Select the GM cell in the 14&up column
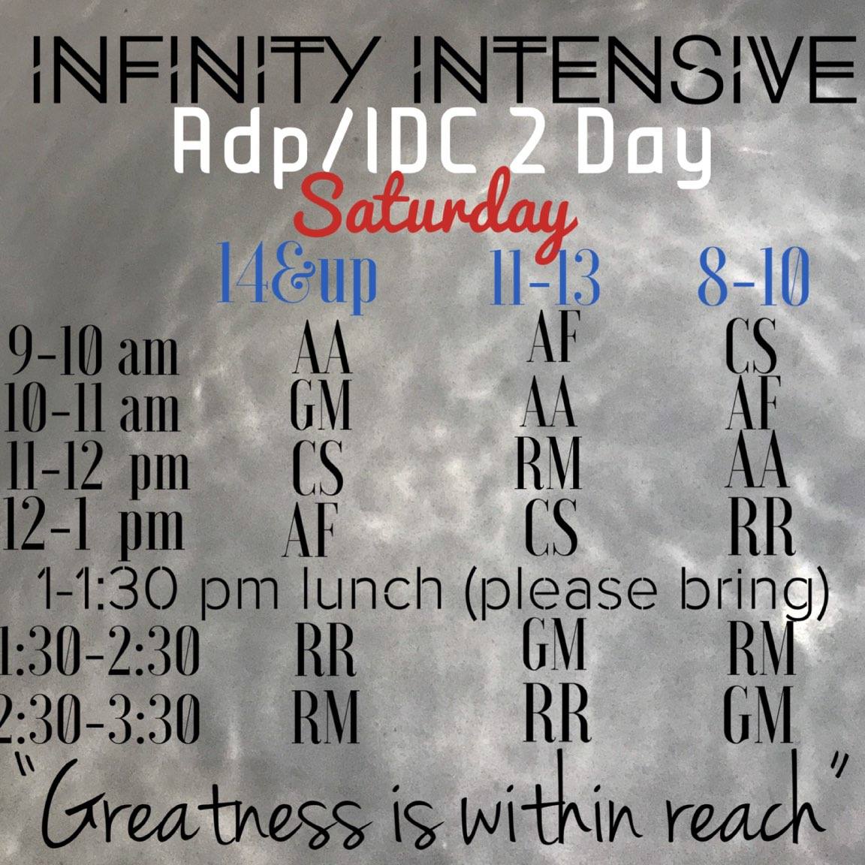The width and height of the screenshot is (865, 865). (321, 407)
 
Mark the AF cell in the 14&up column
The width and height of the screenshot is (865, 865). (310, 530)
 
